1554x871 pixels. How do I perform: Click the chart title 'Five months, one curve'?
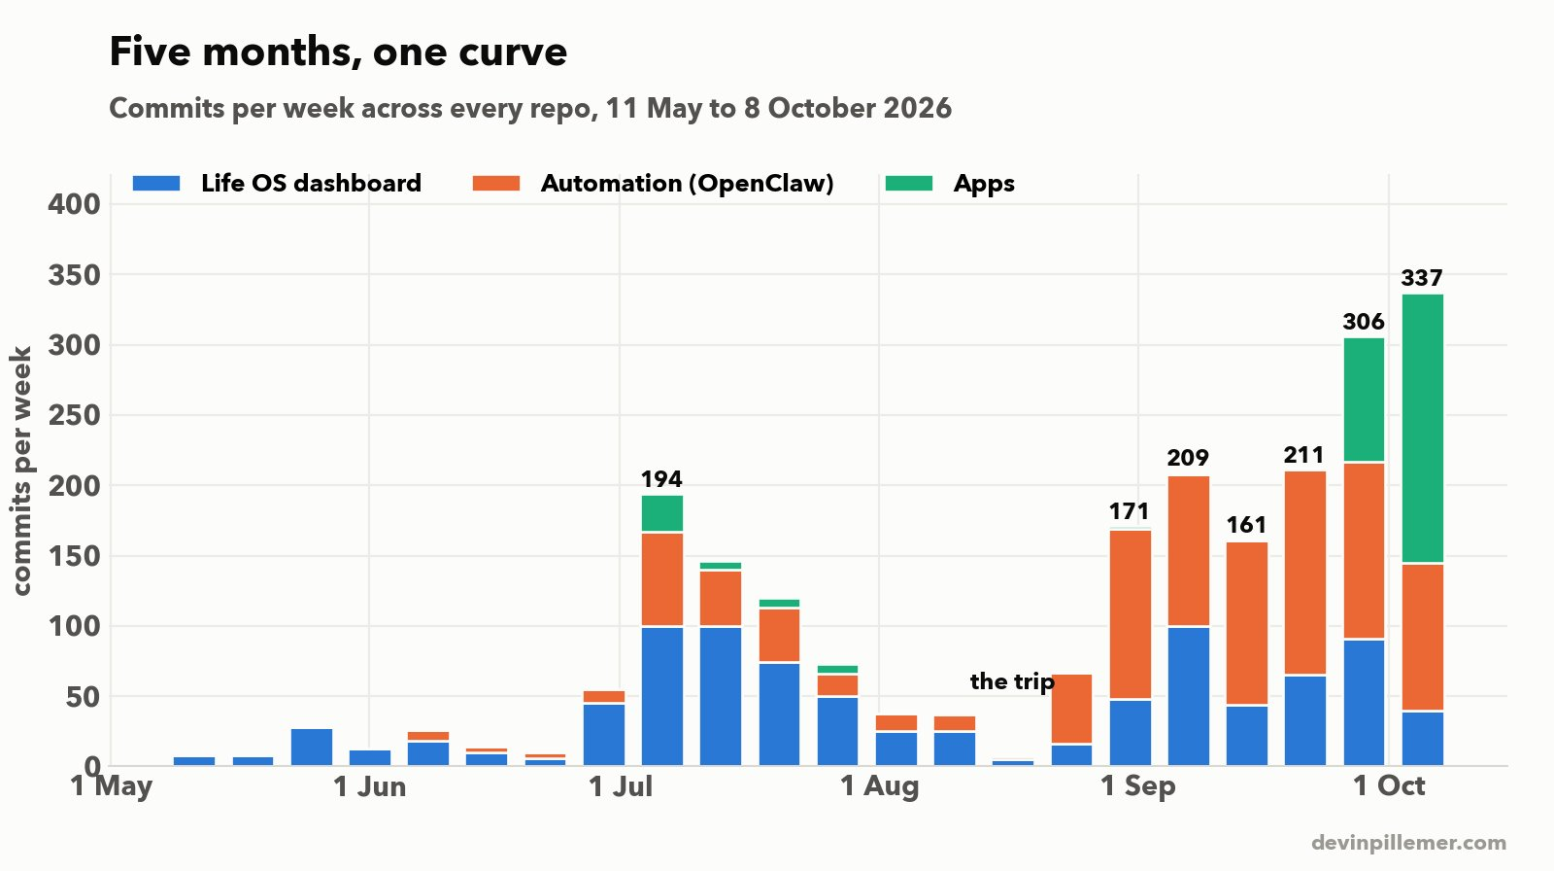[338, 52]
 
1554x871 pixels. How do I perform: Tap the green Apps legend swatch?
[909, 184]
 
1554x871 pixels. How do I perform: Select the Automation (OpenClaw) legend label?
[687, 184]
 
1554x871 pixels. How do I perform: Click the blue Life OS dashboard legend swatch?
[156, 184]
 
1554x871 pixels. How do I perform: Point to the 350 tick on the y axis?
[75, 275]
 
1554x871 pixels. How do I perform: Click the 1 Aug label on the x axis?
[879, 786]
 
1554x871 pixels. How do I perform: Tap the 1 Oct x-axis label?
[1389, 786]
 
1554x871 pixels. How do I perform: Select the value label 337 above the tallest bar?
[1422, 278]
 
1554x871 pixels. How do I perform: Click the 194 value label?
[661, 479]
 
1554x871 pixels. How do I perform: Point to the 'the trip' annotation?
[1012, 681]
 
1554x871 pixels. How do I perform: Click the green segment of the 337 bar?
[1423, 428]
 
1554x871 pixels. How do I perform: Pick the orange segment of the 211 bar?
[1305, 573]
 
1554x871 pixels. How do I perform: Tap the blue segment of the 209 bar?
[1189, 697]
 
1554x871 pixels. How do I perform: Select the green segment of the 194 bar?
[661, 513]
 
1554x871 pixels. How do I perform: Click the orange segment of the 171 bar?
[1131, 614]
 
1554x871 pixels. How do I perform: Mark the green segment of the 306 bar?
[1364, 400]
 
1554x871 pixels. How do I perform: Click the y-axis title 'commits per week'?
[22, 470]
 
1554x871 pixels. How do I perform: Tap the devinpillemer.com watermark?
[1408, 843]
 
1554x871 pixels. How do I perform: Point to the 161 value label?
[1247, 524]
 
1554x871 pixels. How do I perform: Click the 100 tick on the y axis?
[75, 626]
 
